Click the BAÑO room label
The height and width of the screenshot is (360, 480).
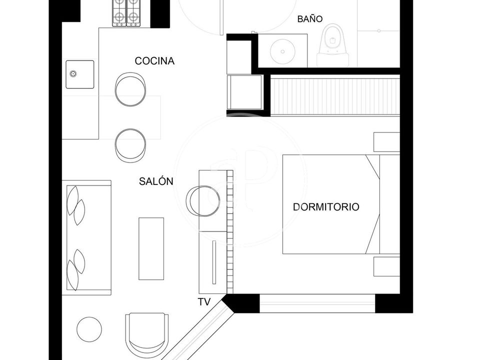pos(310,19)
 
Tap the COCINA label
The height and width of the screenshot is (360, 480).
pos(154,61)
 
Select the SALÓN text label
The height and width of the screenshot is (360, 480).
pos(156,181)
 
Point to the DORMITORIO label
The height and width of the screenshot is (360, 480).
pos(326,207)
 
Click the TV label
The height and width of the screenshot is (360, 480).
pos(204,302)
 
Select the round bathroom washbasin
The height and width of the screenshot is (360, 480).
pos(282,51)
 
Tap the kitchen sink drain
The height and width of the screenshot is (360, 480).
pos(73,73)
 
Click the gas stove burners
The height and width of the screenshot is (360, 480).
pos(126,13)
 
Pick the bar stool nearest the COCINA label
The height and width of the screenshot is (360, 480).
pos(130,89)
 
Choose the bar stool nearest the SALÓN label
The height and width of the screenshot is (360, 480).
pos(130,145)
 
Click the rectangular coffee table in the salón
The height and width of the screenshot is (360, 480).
pos(151,248)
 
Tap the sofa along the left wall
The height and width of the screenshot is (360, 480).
pos(86,238)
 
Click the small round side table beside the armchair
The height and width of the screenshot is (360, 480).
pos(89,329)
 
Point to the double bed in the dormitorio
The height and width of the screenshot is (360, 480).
pos(341,204)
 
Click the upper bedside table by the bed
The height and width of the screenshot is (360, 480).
pos(386,142)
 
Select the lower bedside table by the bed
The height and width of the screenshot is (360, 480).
pos(386,266)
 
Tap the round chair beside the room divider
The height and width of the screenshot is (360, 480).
pos(203,201)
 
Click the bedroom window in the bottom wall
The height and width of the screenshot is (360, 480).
pos(317,303)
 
